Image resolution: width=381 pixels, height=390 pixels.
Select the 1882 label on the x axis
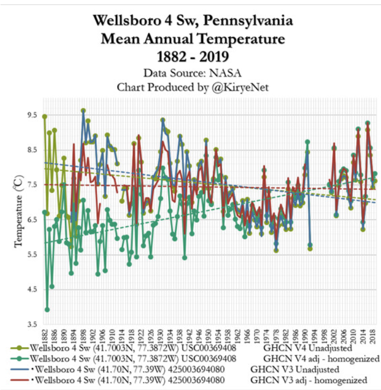pos(45,337)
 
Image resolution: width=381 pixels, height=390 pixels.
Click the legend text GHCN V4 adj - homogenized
pos(321,358)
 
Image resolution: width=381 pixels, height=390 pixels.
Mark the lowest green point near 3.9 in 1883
pos(47,310)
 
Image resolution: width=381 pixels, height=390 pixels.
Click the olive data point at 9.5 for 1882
pos(45,116)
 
